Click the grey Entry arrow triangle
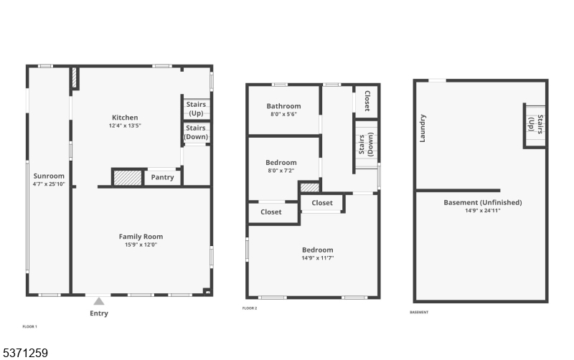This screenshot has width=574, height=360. (x=99, y=301)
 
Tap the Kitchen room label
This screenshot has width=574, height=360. (x=125, y=118)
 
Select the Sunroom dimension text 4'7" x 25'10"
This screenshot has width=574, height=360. (x=49, y=184)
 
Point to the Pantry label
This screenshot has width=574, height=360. (x=163, y=177)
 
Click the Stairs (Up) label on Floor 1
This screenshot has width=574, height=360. (x=196, y=109)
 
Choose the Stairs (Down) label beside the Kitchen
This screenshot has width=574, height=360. (x=196, y=132)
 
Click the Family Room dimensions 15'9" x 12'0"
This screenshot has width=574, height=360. (x=141, y=245)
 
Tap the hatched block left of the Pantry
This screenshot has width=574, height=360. (x=128, y=178)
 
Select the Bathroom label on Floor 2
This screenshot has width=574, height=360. (x=283, y=106)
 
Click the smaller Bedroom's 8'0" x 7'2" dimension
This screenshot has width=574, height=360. (x=281, y=171)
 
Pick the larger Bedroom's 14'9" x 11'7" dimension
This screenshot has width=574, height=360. (x=318, y=258)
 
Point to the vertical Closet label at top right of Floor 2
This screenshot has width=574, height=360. (x=367, y=100)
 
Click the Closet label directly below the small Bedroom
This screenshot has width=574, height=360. (x=271, y=212)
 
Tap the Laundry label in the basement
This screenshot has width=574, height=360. (x=422, y=128)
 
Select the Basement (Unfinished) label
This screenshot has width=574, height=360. (x=483, y=202)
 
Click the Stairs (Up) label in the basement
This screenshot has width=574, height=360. (x=535, y=124)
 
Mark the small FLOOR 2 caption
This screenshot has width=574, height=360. (x=250, y=308)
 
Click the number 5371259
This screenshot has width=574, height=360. (x=25, y=353)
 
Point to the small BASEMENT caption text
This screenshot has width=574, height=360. (x=419, y=312)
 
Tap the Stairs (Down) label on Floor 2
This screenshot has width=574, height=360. (x=366, y=145)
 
